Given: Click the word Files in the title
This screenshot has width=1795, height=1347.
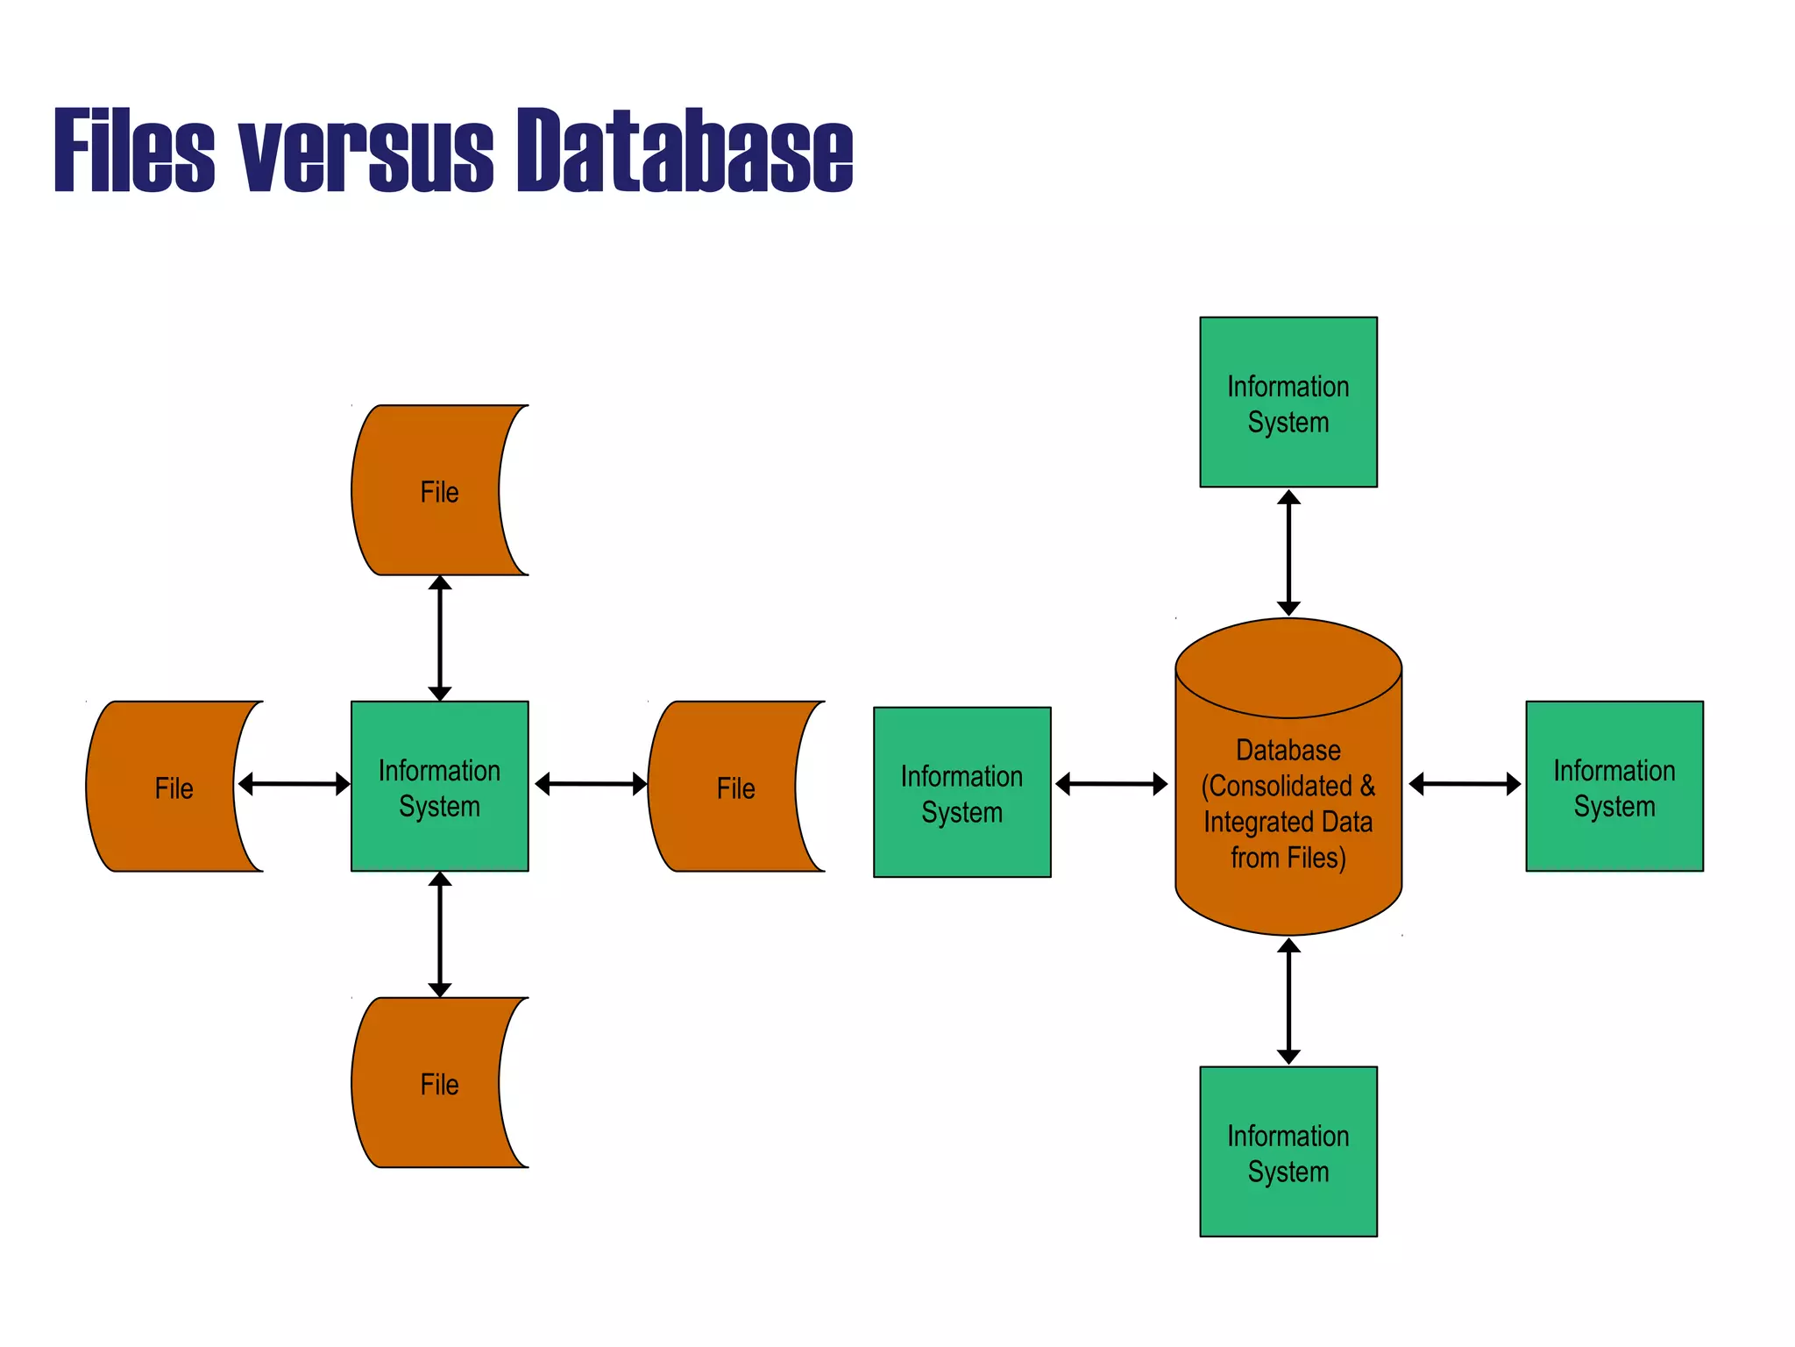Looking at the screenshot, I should click(x=134, y=150).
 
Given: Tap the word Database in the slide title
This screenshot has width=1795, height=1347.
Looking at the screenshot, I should click(x=684, y=150).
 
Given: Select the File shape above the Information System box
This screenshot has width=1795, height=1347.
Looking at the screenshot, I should click(x=429, y=490).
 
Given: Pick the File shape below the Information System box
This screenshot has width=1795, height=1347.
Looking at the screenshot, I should click(x=429, y=1083).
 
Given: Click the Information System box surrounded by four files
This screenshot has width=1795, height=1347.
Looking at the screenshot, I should click(x=439, y=787).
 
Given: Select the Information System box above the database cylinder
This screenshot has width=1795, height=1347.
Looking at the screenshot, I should click(x=1288, y=403).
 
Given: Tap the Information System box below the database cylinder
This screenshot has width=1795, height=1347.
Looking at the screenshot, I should click(x=1288, y=1151).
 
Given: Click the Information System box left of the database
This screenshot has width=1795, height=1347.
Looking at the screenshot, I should click(x=961, y=793).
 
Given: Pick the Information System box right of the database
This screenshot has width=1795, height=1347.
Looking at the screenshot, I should click(x=1614, y=787).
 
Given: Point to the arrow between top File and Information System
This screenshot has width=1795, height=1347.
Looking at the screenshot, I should click(x=440, y=638).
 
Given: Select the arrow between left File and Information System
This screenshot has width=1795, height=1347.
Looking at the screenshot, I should click(x=294, y=784).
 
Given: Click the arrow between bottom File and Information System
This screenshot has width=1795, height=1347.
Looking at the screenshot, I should click(x=440, y=935).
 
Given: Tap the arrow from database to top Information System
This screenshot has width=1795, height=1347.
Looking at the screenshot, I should click(x=1288, y=553).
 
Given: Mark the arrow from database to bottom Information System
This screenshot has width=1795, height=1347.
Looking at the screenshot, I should click(x=1288, y=1001).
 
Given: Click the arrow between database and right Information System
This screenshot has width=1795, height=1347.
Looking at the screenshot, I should click(x=1465, y=784).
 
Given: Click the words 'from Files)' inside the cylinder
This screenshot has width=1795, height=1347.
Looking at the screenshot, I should click(x=1288, y=858).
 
